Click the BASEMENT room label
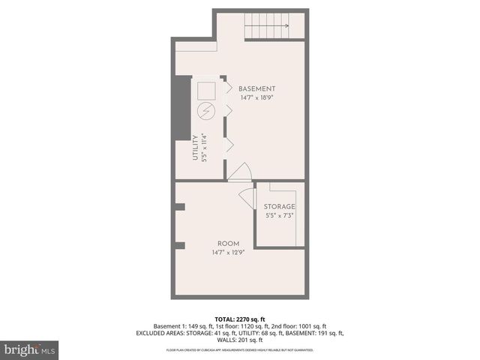click(257, 88)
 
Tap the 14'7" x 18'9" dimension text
click(257, 97)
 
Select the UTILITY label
click(195, 148)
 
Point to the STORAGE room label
click(279, 206)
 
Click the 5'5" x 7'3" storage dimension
click(279, 215)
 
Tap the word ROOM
click(228, 244)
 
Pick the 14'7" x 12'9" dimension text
click(228, 253)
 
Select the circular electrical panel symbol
click(206, 112)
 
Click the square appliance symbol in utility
click(206, 91)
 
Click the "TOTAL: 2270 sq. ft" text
click(240, 318)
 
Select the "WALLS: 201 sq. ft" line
click(240, 340)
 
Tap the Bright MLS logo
click(30, 349)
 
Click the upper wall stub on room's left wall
click(179, 208)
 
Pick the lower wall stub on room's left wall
click(179, 244)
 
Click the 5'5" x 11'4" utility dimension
click(204, 148)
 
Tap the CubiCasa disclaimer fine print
click(240, 350)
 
